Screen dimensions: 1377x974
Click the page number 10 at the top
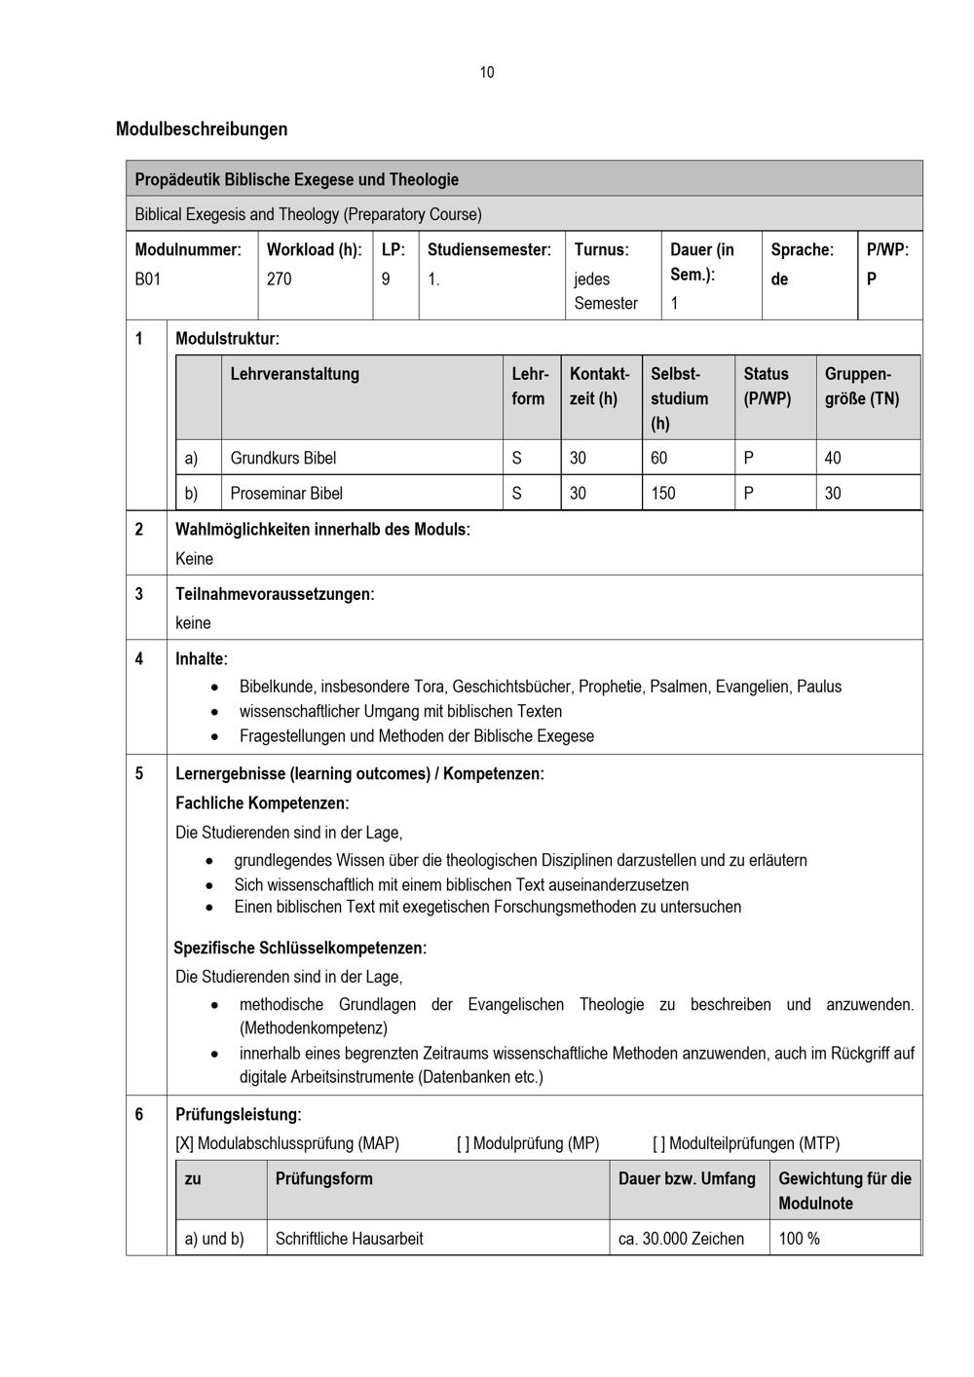click(x=487, y=72)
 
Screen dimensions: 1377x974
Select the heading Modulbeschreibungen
click(x=202, y=129)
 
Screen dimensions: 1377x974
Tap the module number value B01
click(x=148, y=279)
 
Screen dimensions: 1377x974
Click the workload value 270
click(x=279, y=279)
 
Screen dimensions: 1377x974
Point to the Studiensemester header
click(x=489, y=249)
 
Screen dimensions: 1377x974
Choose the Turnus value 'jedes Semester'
click(x=605, y=290)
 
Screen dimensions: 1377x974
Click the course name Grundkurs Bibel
click(x=282, y=458)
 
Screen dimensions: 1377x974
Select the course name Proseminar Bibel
click(x=286, y=493)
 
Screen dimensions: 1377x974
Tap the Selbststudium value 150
click(x=663, y=493)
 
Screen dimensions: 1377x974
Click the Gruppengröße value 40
click(x=833, y=458)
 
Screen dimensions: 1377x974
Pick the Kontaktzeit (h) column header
click(x=599, y=386)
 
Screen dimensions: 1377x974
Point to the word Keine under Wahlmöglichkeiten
click(x=194, y=558)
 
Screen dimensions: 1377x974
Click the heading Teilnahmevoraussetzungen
click(x=274, y=594)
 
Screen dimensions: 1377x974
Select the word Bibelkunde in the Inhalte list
click(x=273, y=687)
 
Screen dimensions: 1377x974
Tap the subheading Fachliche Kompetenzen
click(x=261, y=803)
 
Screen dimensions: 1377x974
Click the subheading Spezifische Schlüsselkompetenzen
click(x=300, y=948)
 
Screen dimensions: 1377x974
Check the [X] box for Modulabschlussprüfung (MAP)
click(x=185, y=1143)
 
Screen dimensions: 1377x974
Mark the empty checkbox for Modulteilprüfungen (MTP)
click(x=659, y=1143)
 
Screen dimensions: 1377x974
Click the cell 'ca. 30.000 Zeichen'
click(x=681, y=1239)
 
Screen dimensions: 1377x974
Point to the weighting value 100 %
click(x=799, y=1239)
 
